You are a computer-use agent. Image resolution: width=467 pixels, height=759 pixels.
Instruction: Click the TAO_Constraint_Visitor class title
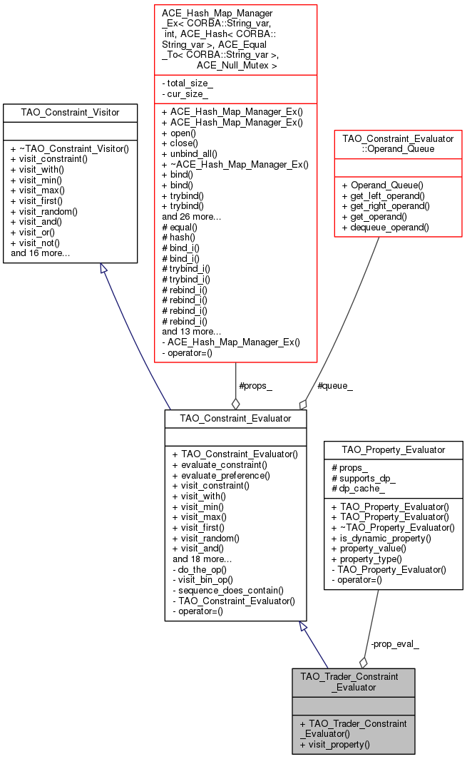click(70, 112)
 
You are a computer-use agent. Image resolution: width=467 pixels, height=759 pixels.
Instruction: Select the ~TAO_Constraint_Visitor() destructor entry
click(70, 148)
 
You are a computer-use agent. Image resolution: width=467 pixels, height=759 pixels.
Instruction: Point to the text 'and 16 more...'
click(40, 253)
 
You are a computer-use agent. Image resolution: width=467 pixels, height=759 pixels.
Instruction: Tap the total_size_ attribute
click(188, 83)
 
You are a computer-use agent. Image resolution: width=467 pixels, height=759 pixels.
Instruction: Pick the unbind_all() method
click(189, 154)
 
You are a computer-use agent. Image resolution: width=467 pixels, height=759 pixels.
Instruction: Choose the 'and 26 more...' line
click(191, 216)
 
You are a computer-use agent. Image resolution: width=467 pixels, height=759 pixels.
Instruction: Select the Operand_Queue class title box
click(399, 144)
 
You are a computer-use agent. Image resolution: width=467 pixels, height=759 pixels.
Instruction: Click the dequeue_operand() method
click(385, 227)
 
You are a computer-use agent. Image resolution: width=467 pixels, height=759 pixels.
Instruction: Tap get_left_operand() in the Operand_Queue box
click(384, 195)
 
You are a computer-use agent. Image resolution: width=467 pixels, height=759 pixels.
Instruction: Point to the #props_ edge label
click(255, 386)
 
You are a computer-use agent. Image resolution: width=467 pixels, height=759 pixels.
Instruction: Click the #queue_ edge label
click(335, 386)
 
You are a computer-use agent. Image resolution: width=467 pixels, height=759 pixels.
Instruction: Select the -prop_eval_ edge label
click(395, 643)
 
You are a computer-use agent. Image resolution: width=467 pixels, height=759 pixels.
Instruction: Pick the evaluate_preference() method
click(221, 475)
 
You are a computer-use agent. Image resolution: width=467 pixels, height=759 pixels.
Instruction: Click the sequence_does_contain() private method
click(228, 590)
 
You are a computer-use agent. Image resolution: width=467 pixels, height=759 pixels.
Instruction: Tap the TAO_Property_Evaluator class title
click(394, 449)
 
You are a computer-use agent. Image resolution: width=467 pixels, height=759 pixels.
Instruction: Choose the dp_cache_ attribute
click(358, 489)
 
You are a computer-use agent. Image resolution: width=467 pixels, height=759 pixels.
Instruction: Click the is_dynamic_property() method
click(381, 539)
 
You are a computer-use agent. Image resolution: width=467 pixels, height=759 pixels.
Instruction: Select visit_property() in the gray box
click(335, 745)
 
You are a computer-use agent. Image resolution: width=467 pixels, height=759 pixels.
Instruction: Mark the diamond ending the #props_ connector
click(236, 403)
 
